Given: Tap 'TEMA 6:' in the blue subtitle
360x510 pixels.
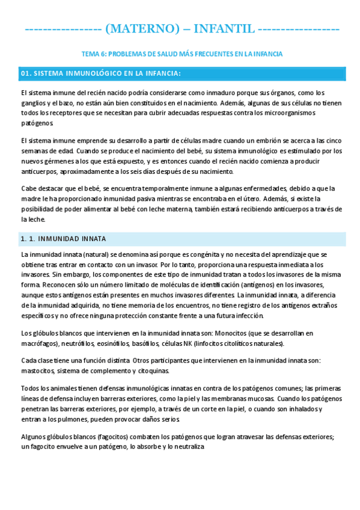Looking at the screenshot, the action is (x=93, y=54).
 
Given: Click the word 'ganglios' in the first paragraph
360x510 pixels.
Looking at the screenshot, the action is (x=34, y=103).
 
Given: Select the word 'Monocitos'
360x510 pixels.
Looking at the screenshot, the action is (x=244, y=333).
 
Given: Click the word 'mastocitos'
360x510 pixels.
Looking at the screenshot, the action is (x=38, y=370).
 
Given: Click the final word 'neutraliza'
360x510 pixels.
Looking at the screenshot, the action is (x=188, y=447).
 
